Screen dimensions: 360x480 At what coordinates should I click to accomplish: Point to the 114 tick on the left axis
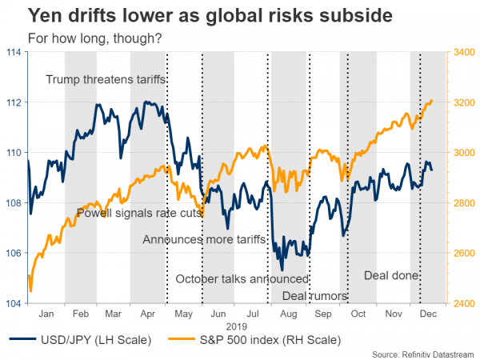13,52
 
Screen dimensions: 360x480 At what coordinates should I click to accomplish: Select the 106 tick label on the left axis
13,254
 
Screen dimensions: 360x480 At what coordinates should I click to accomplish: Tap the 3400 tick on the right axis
464,52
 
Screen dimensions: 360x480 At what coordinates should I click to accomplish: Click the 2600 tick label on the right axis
464,254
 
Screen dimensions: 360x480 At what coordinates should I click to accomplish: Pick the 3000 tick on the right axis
464,153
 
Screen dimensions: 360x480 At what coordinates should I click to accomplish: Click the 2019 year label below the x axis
237,326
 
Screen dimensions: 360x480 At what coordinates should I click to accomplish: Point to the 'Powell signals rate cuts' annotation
138,213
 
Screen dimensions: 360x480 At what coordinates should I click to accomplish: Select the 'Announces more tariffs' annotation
203,239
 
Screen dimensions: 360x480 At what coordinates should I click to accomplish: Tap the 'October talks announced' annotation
242,279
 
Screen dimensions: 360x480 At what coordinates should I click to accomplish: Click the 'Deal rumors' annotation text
315,296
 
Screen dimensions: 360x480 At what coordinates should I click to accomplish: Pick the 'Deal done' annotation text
392,275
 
